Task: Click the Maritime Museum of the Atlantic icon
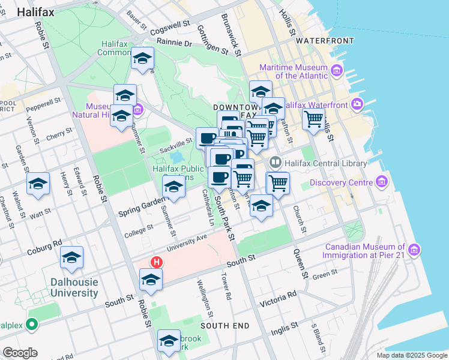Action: click(336, 71)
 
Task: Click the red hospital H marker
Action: click(157, 262)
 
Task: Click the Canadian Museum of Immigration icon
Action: click(414, 249)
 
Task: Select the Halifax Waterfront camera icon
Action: click(358, 104)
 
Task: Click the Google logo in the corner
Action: click(19, 353)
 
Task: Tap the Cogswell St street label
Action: click(170, 28)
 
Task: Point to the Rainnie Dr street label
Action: click(174, 43)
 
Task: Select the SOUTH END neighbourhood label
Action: click(225, 325)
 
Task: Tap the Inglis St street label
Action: click(286, 327)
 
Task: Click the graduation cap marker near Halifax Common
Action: click(143, 58)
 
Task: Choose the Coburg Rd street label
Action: click(44, 247)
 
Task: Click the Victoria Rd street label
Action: click(282, 296)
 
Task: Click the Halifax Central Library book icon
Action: click(276, 163)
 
